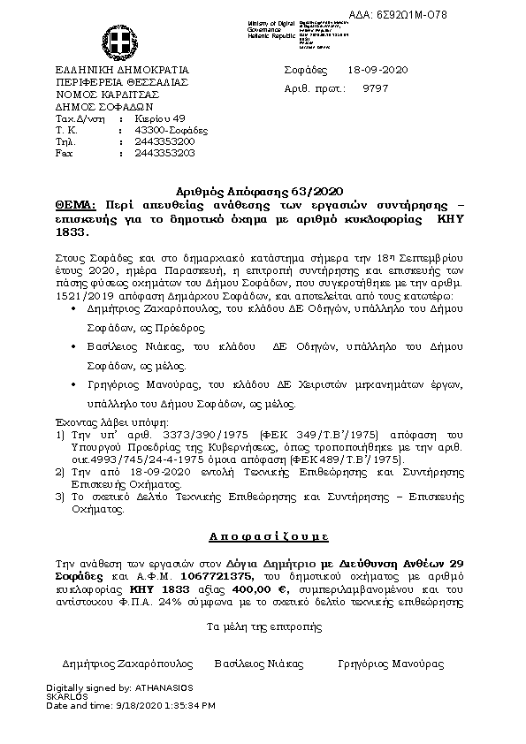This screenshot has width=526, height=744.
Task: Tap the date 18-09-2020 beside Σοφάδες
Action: click(377, 70)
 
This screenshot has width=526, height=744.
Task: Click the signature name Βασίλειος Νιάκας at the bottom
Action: click(258, 664)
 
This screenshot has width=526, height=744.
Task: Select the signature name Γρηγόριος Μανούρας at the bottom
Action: click(391, 664)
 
